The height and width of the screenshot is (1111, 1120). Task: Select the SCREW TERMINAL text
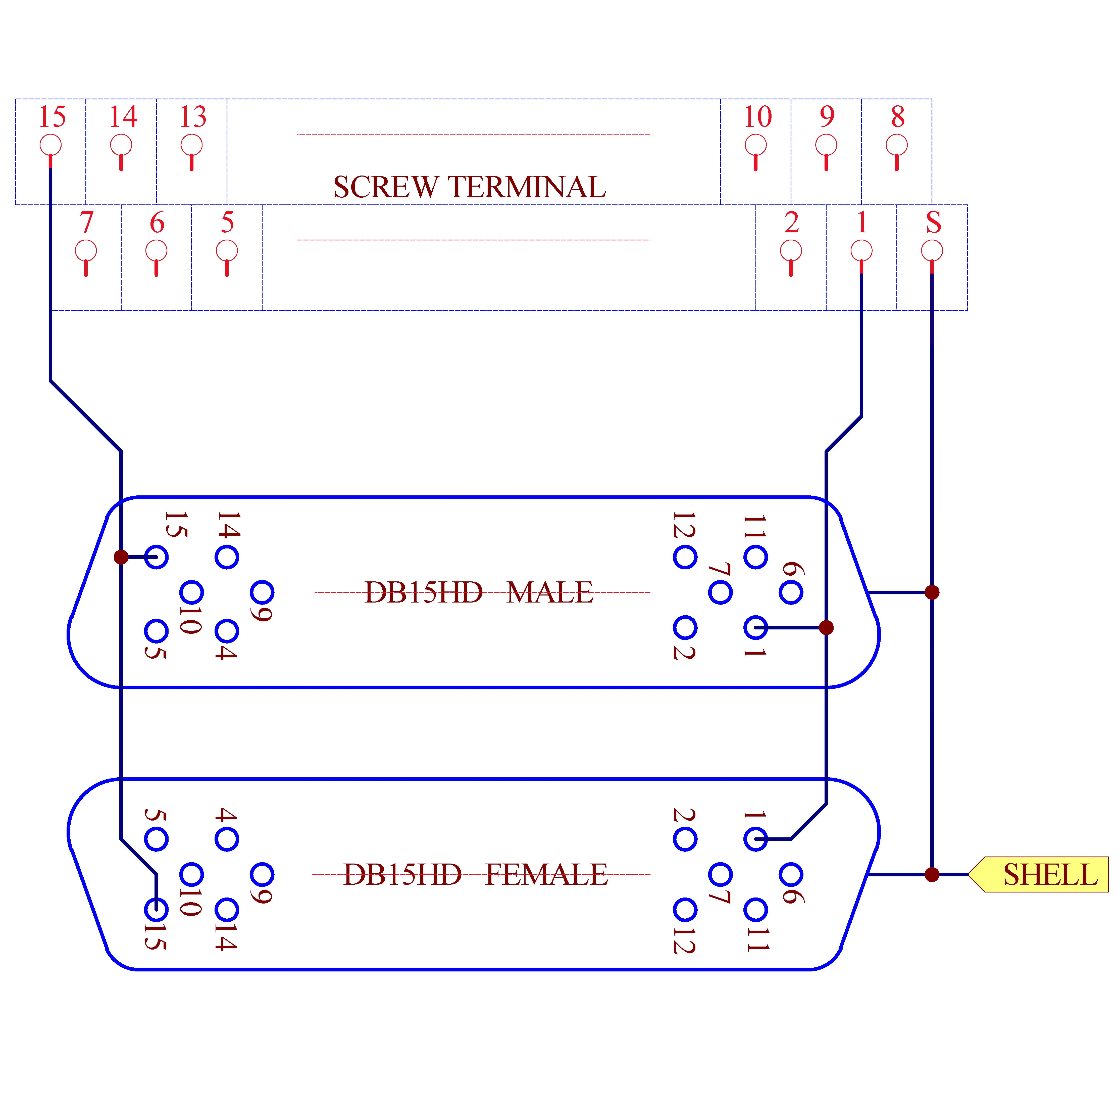coord(470,187)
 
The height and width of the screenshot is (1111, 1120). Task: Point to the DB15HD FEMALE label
coord(476,874)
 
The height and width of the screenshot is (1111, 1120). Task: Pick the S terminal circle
coord(932,251)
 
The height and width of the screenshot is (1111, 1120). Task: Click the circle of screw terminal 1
coord(861,251)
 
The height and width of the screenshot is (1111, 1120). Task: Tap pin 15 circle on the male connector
coord(157,557)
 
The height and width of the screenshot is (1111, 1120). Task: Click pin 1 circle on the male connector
coord(755,627)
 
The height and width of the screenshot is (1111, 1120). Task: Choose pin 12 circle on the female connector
coord(685,909)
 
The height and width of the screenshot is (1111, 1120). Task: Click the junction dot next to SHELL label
coord(932,874)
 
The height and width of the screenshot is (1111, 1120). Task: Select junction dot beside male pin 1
coord(826,627)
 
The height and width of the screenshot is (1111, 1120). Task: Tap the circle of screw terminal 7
coord(86,251)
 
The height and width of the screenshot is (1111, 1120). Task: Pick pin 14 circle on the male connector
coord(227,557)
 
